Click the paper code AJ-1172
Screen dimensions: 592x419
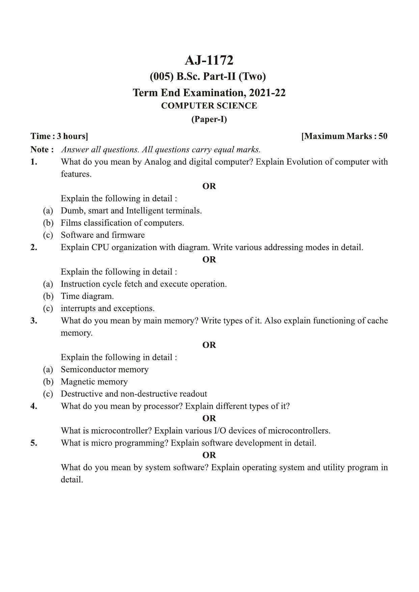209,61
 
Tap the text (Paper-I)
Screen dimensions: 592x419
209,119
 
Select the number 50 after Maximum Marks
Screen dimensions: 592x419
383,136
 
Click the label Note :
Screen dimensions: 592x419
42,149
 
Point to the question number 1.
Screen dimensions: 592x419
34,162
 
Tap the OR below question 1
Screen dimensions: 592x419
209,186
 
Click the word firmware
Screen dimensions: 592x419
128,235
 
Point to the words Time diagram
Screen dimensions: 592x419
87,296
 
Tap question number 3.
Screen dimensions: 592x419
34,320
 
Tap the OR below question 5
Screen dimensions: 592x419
209,455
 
